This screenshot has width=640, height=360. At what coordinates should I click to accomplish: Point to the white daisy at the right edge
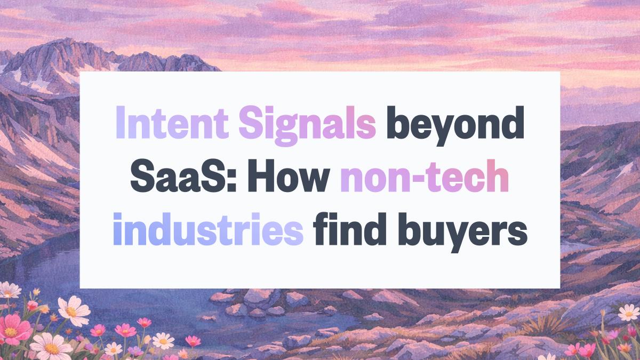628,313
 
